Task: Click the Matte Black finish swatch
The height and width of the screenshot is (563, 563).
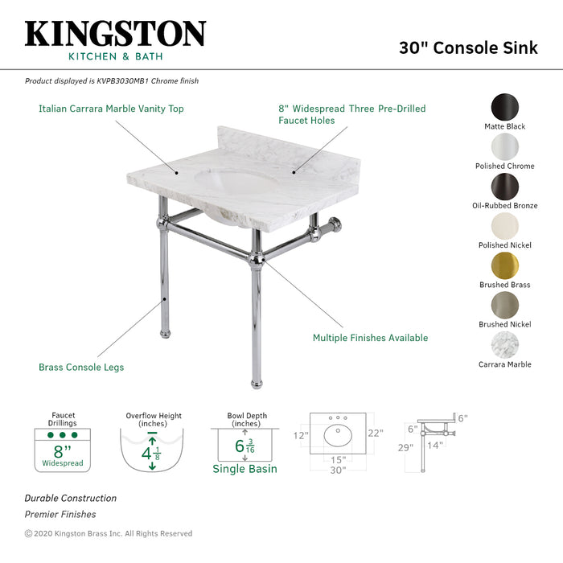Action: point(504,108)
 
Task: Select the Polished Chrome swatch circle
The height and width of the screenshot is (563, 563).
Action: point(504,147)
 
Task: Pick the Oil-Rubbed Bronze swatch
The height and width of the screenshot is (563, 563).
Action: point(504,187)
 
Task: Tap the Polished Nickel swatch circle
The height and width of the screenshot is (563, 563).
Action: point(504,226)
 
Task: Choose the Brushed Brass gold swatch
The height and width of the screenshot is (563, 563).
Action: point(504,265)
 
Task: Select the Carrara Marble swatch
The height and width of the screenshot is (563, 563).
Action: point(504,345)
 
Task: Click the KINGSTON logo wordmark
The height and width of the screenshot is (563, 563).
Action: point(115,34)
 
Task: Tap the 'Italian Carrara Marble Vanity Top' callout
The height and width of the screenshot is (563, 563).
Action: point(112,109)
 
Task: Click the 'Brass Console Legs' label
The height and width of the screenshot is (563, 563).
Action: point(81,368)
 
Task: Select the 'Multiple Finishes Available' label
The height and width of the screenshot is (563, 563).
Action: point(370,338)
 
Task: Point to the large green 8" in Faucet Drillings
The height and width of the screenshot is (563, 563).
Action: point(62,450)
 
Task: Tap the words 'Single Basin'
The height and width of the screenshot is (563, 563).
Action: point(245,469)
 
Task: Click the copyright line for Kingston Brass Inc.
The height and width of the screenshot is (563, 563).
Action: point(109,533)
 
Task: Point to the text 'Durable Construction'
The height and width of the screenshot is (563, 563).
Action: point(70,499)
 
